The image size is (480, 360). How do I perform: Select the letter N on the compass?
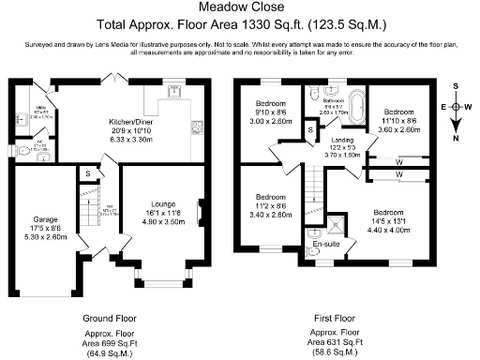coord(454,138)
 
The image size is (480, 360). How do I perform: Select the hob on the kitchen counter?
coord(195,127)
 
